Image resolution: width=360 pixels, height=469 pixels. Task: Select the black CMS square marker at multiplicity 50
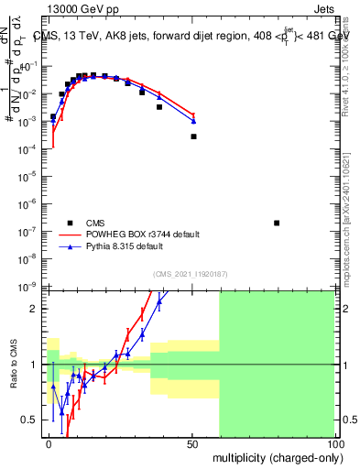pyautogui.click(x=193, y=136)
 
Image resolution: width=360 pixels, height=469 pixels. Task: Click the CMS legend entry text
pyautogui.click(x=96, y=223)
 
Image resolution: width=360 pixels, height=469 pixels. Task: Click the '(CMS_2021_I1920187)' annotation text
pyautogui.click(x=190, y=274)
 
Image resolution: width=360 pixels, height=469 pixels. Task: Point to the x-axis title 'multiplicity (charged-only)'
pyautogui.click(x=276, y=456)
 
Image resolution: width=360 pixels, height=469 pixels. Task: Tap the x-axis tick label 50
pyautogui.click(x=193, y=443)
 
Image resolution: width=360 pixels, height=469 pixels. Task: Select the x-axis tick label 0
pyautogui.click(x=49, y=443)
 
